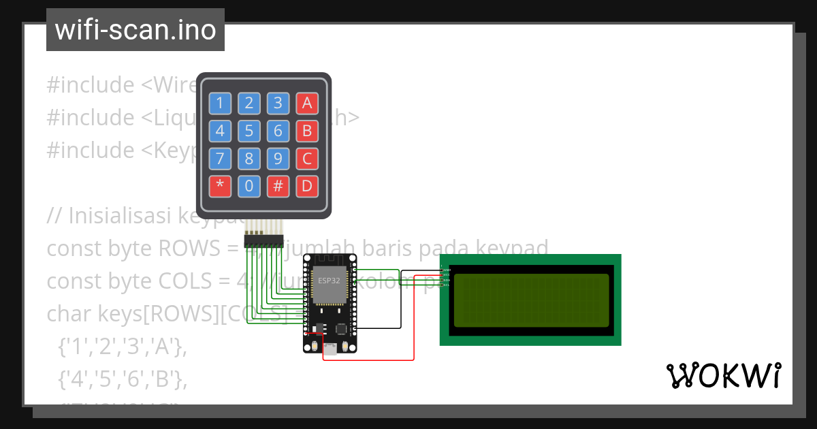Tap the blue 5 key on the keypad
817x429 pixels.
pos(249,131)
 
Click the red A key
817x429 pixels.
pos(307,104)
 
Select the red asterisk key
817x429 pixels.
pos(219,185)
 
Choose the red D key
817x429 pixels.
pos(307,185)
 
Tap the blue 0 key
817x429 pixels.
pos(249,185)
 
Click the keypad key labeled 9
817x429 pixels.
pos(278,158)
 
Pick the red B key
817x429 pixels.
pos(307,131)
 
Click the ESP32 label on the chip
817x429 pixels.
pos(330,280)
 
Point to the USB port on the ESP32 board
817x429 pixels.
pos(330,349)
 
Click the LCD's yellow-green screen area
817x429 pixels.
pos(531,300)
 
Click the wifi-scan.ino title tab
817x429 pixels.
pos(135,30)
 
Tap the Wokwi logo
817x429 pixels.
pos(723,376)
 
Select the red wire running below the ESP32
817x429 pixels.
pos(368,360)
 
